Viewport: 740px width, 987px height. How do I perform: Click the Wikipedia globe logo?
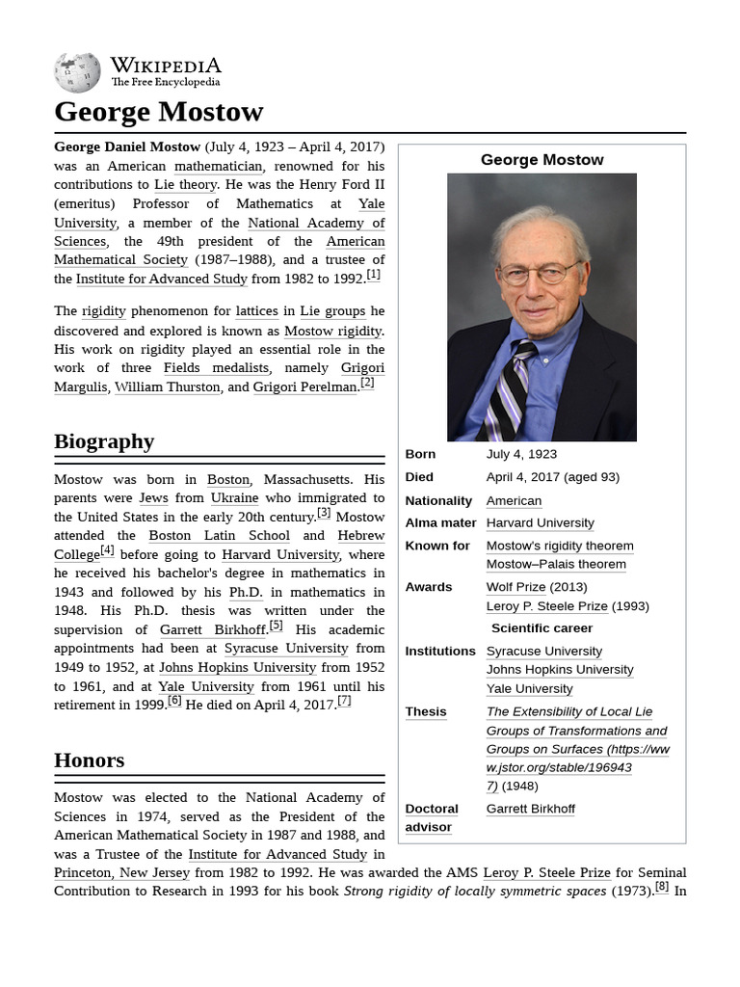coord(77,72)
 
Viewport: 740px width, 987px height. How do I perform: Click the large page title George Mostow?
coord(158,112)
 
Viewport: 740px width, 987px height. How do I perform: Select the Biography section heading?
coord(104,441)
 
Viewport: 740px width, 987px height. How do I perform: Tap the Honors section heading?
coord(89,760)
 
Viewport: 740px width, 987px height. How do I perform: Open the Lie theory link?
coord(185,184)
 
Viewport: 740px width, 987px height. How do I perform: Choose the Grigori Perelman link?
coord(304,387)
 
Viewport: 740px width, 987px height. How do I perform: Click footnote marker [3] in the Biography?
coord(324,514)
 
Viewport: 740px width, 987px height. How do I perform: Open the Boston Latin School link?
coord(219,535)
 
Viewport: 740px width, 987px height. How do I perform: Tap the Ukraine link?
coord(234,497)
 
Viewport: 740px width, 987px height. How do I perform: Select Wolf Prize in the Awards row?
coord(515,587)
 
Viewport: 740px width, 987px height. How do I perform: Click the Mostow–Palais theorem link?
coord(556,564)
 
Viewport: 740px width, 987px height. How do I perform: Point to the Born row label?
coord(420,454)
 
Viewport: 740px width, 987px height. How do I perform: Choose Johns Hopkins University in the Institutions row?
coord(559,670)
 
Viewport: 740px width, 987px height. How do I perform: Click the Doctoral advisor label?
coord(431,817)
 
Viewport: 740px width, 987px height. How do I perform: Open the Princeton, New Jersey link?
coord(122,872)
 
